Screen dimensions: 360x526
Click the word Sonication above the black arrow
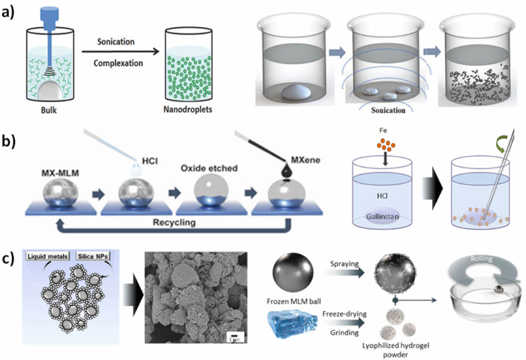tap(116, 42)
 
